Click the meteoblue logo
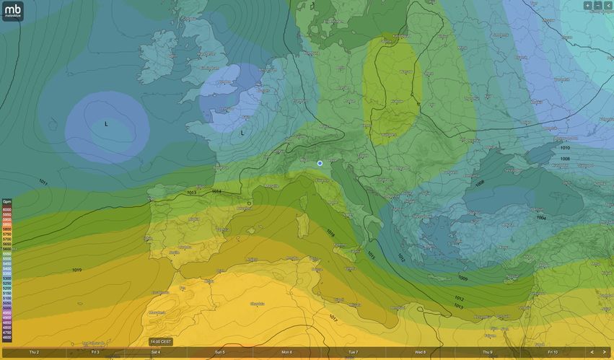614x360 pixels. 13,11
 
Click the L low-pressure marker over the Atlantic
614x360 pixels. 106,124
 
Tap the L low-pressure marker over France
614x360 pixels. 242,133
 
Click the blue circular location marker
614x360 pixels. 320,164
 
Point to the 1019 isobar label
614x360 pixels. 76,270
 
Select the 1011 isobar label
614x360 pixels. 43,183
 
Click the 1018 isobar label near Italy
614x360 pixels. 330,233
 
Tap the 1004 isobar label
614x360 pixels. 541,217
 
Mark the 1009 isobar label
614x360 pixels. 462,278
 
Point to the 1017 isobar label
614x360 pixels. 333,317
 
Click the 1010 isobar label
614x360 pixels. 564,148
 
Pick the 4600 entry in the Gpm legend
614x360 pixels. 6,338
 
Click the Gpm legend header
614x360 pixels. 6,202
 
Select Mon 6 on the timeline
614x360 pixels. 286,352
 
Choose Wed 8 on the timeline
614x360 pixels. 420,352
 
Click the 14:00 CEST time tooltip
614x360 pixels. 161,341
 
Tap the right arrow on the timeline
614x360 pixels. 604,352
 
